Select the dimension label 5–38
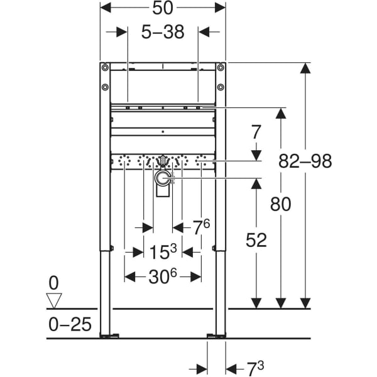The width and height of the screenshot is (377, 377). click(163, 32)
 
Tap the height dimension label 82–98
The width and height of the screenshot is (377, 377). click(305, 161)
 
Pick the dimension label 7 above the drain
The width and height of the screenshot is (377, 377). click(256, 133)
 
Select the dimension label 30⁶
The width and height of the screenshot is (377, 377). click(163, 276)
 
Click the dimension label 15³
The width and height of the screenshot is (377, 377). click(163, 252)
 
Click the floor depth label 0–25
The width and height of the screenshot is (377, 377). click(70, 325)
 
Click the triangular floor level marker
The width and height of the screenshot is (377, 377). click(55, 300)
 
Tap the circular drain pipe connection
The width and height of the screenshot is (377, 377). click(163, 179)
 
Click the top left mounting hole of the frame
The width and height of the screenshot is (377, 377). click(105, 67)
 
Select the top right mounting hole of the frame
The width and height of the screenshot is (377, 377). click(221, 67)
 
